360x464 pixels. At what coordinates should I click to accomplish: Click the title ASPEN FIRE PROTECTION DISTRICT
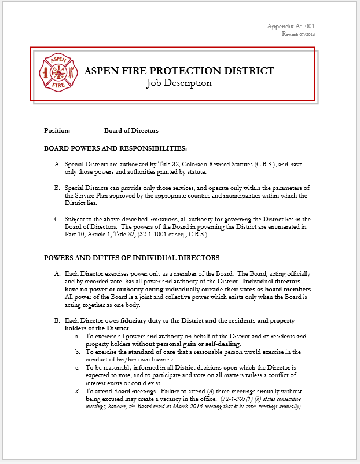[x=179, y=71]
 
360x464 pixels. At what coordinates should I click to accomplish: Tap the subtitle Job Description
[x=179, y=83]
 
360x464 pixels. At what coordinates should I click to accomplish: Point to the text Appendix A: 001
[x=291, y=27]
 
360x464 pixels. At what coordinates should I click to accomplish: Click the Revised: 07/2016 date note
[x=299, y=34]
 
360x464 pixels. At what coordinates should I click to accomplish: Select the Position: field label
[x=57, y=130]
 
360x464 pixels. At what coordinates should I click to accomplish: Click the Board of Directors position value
[x=131, y=130]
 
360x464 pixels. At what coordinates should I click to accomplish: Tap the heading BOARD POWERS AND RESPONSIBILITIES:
[x=115, y=148]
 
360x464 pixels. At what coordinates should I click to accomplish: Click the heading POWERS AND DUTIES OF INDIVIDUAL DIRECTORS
[x=131, y=257]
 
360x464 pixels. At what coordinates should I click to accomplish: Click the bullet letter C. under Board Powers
[x=57, y=219]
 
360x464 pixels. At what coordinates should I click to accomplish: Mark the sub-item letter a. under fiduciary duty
[x=78, y=336]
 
